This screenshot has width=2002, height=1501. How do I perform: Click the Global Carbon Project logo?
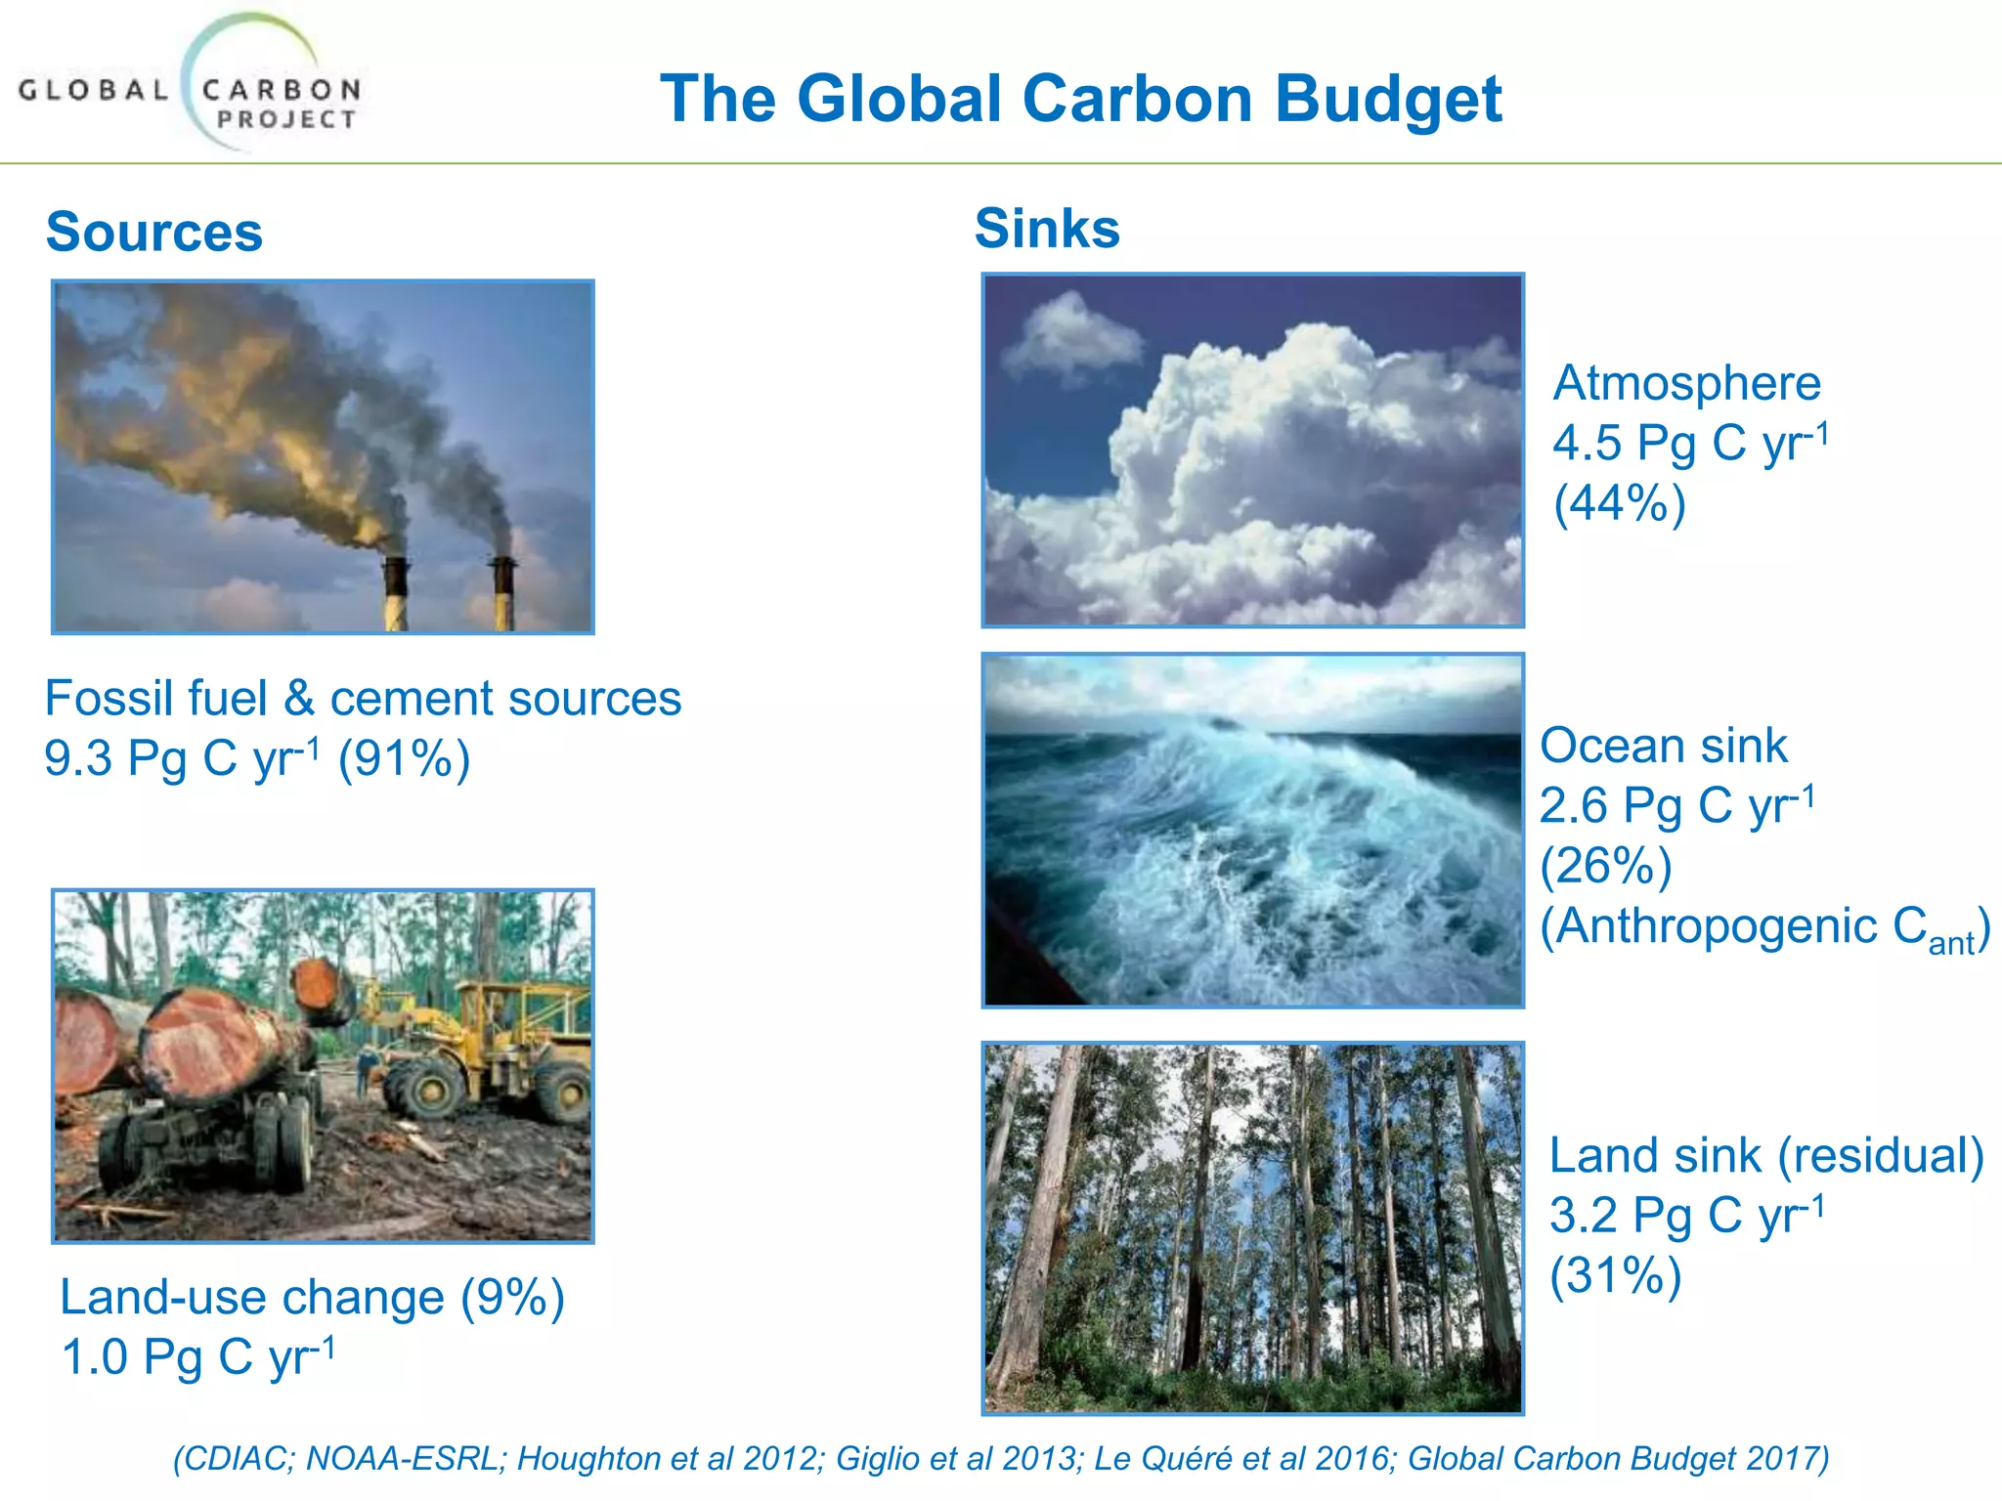pyautogui.click(x=191, y=88)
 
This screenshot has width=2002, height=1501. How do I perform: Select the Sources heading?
pyautogui.click(x=154, y=233)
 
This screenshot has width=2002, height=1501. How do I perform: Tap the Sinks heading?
pyautogui.click(x=1047, y=229)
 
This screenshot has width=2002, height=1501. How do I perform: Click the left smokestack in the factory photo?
pyautogui.click(x=395, y=592)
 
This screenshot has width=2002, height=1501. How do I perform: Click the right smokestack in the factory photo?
pyautogui.click(x=502, y=592)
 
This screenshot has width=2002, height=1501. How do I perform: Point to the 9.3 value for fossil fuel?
pyautogui.click(x=78, y=759)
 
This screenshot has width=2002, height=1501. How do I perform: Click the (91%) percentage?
pyautogui.click(x=404, y=759)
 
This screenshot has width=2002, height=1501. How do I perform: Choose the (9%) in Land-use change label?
pyautogui.click(x=512, y=1298)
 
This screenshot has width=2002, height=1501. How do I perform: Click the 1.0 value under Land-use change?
pyautogui.click(x=94, y=1357)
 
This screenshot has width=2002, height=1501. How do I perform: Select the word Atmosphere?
pyautogui.click(x=1686, y=383)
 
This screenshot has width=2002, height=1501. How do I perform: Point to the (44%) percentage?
pyautogui.click(x=1620, y=504)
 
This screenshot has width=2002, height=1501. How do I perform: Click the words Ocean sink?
pyautogui.click(x=1663, y=747)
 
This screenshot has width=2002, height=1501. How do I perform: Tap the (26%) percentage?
pyautogui.click(x=1605, y=866)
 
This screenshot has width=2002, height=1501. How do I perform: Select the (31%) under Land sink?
pyautogui.click(x=1615, y=1276)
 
